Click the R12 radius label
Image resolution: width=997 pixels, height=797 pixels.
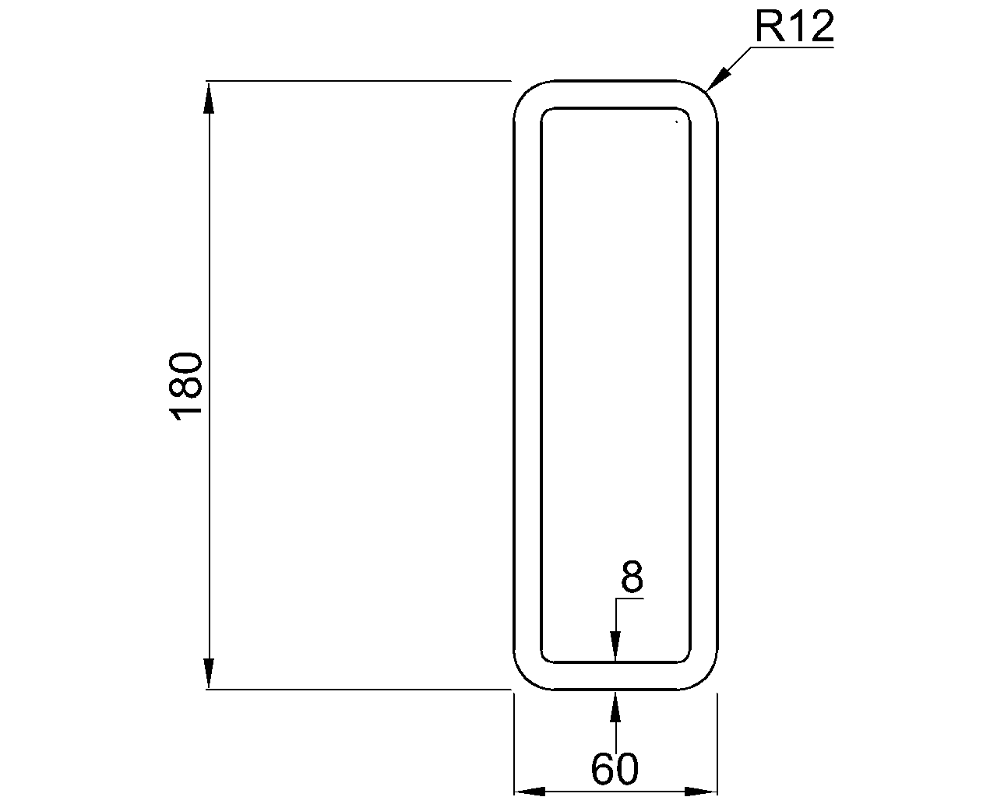794,28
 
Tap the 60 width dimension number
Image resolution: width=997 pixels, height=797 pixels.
615,770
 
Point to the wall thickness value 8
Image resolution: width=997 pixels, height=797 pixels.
632,578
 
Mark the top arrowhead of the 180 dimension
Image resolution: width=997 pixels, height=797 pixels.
209,97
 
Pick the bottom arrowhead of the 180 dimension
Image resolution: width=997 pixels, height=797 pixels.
209,672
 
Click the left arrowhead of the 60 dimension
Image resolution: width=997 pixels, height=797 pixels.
530,792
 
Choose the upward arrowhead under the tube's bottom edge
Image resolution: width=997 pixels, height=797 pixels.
615,705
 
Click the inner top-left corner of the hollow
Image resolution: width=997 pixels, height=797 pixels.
544,111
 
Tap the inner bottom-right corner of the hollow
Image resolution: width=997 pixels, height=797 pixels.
686,658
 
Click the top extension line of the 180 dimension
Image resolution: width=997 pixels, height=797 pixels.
358,80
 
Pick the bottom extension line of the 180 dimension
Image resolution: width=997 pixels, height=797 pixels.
358,689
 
